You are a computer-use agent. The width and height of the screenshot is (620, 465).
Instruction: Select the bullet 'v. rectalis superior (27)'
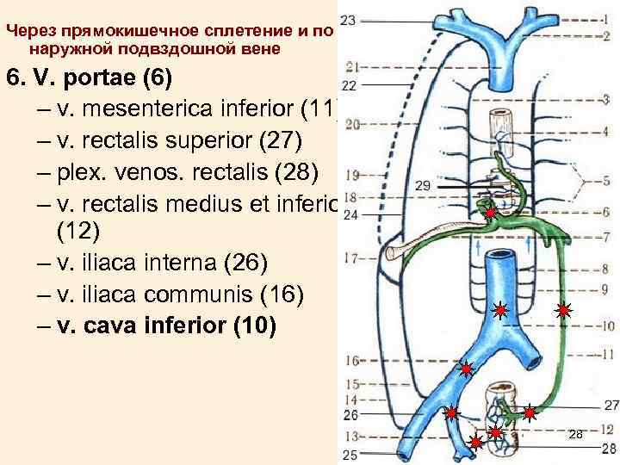185,141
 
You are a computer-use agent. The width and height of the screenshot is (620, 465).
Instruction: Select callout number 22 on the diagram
349,85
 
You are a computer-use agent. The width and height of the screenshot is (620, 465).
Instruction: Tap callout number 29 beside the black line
422,185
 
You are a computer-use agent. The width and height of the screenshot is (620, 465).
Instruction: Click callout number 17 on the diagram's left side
349,257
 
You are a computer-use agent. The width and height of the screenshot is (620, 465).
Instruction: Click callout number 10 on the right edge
607,327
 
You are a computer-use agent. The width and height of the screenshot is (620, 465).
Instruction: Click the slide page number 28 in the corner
576,435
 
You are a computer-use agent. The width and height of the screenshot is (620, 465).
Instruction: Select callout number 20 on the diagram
350,125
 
